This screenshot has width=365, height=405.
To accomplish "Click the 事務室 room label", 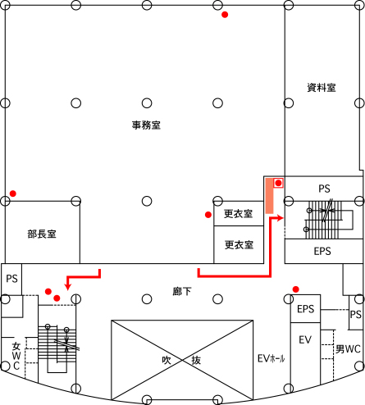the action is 146,125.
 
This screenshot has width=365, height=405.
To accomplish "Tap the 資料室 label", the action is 322,88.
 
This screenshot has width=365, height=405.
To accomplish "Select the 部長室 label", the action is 42,234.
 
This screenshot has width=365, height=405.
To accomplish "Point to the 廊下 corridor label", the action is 182,291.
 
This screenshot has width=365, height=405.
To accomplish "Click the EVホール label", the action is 271,358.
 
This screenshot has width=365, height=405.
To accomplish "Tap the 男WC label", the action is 348,349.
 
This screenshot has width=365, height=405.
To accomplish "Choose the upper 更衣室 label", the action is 238,214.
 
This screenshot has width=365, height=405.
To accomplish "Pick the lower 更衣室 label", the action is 239,245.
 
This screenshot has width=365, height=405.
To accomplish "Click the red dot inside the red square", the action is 278,183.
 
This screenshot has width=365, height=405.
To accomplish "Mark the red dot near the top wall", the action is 225,15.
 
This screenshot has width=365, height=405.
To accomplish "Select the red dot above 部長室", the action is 13,193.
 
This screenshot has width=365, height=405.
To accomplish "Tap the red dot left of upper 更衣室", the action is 208,215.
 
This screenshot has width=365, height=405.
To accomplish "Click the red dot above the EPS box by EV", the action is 295,289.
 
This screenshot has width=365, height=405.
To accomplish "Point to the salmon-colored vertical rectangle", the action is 269,196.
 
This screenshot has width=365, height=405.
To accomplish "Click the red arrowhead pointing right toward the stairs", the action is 280,218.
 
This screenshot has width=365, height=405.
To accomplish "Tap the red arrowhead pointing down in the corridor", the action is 68,287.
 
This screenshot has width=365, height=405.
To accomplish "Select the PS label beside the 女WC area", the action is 11,279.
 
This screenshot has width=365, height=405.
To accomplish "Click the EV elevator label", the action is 305,340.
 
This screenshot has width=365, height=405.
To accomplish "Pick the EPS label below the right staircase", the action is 322,251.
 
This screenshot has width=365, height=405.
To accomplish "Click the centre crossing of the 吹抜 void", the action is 182,361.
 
